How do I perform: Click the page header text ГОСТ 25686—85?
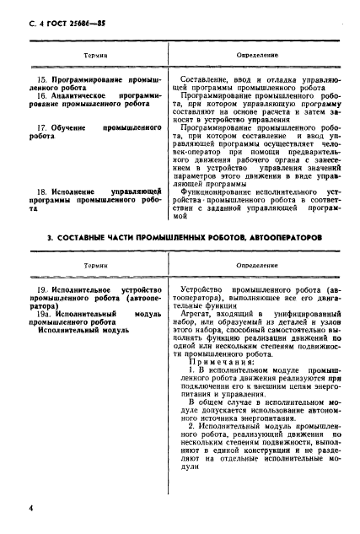click(63, 10)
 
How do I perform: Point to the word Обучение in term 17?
click(66, 126)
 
